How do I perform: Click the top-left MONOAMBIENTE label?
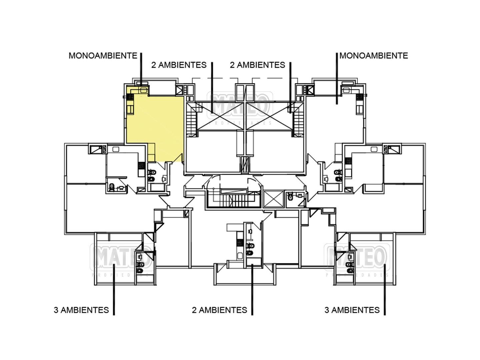click(103, 55)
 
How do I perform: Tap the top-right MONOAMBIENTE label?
click(374, 55)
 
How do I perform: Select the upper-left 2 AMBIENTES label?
click(179, 65)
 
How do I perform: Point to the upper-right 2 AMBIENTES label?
click(257, 65)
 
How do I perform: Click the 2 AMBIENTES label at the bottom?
click(219, 310)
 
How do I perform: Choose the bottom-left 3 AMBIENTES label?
click(81, 310)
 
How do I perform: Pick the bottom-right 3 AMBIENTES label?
click(352, 310)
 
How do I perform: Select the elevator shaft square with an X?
click(273, 199)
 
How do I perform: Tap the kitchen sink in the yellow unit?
click(144, 89)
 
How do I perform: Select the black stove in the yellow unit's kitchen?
click(130, 97)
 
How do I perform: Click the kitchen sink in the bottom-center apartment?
click(239, 256)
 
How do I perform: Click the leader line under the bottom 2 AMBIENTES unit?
click(252, 290)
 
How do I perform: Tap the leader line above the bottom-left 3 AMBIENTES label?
click(114, 290)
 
